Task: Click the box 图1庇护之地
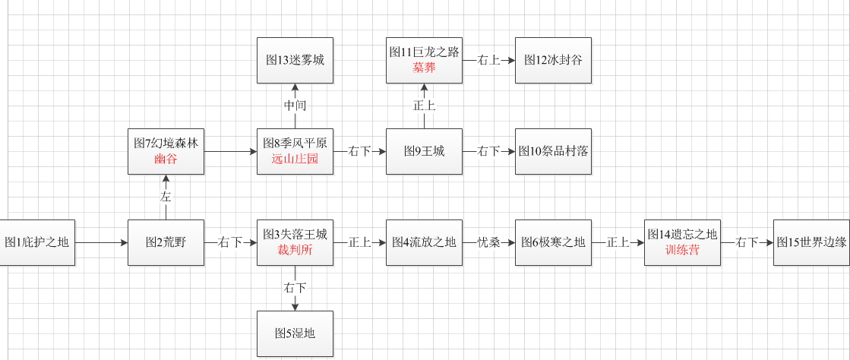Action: [x=37, y=242]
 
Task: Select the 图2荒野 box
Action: [x=166, y=242]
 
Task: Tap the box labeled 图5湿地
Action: [x=295, y=333]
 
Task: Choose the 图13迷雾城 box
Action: [x=295, y=60]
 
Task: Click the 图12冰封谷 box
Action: [x=553, y=60]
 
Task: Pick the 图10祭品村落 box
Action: [x=553, y=151]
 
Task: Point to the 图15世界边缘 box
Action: [x=811, y=242]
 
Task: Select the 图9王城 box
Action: [x=424, y=151]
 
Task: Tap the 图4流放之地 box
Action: [x=424, y=242]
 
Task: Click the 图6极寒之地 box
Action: [x=553, y=242]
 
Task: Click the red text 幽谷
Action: [x=166, y=159]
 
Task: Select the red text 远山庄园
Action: [x=295, y=159]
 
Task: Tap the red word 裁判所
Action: [x=295, y=251]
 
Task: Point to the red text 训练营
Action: [x=682, y=251]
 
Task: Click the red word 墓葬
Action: [x=424, y=68]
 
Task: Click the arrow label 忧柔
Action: [x=488, y=242]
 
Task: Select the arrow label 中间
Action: [x=295, y=106]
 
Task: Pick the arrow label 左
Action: [x=166, y=197]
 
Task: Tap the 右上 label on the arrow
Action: [x=488, y=60]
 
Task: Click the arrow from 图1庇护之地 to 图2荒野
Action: [x=102, y=242]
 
